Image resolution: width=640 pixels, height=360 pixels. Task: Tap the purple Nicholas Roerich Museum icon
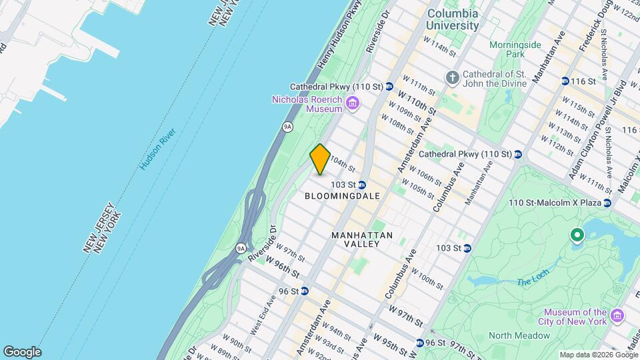point(353,103)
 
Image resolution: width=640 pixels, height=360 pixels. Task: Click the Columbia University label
point(453,19)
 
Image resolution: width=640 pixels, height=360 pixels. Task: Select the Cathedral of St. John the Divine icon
point(453,77)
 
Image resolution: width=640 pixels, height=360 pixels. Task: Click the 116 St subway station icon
point(565,81)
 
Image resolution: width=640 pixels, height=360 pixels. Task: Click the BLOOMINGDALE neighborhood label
point(342,196)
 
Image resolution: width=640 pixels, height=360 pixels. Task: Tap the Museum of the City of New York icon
point(617,314)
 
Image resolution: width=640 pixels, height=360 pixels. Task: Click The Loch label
point(532,281)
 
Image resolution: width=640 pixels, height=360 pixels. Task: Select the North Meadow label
point(519,335)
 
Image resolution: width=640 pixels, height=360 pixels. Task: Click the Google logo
point(22,352)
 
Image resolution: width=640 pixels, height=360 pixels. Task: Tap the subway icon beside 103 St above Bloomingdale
point(361,184)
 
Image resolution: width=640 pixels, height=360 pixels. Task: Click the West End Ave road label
point(262,315)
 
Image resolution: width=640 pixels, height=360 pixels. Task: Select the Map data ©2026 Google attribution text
point(598,355)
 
